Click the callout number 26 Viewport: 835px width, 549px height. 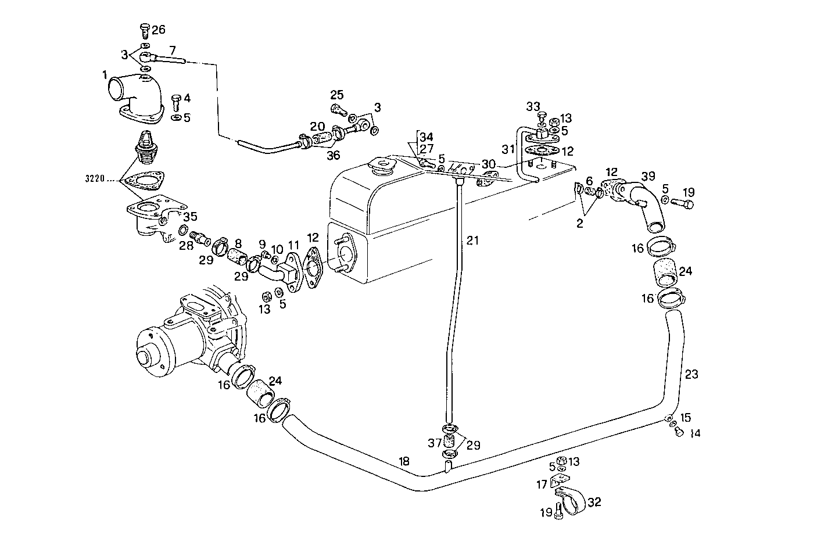pos(159,29)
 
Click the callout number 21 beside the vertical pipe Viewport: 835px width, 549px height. pos(473,240)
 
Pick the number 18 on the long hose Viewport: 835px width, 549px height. pos(404,461)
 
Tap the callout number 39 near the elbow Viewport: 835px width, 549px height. pos(648,176)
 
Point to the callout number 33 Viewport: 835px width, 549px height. pos(533,106)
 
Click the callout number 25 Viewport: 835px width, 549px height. pos(338,95)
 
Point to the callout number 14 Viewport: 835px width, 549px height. pos(696,433)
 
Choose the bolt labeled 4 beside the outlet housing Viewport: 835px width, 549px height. pos(177,103)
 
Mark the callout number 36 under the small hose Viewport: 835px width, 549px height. pos(333,155)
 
